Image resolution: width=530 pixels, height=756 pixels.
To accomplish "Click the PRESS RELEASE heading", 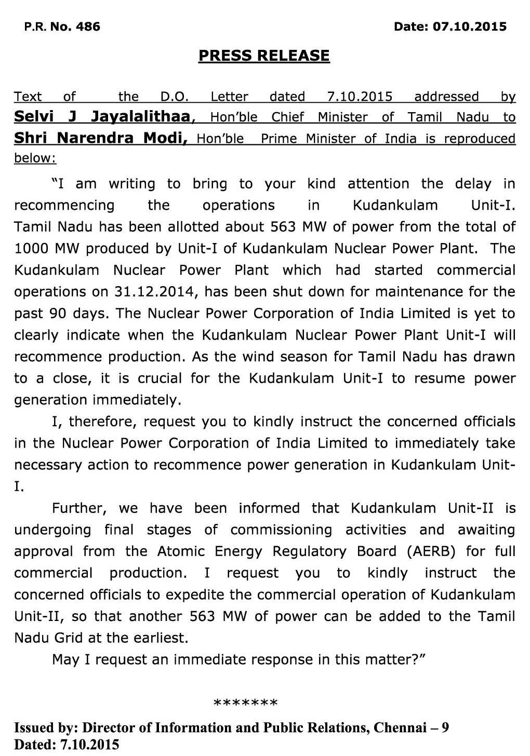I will pyautogui.click(x=264, y=56).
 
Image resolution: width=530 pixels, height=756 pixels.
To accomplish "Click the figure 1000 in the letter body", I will pyautogui.click(x=31, y=248).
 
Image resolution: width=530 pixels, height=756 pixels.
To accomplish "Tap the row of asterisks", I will pyautogui.click(x=246, y=704).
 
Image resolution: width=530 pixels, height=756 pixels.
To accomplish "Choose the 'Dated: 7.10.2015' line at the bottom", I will pyautogui.click(x=67, y=745).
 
